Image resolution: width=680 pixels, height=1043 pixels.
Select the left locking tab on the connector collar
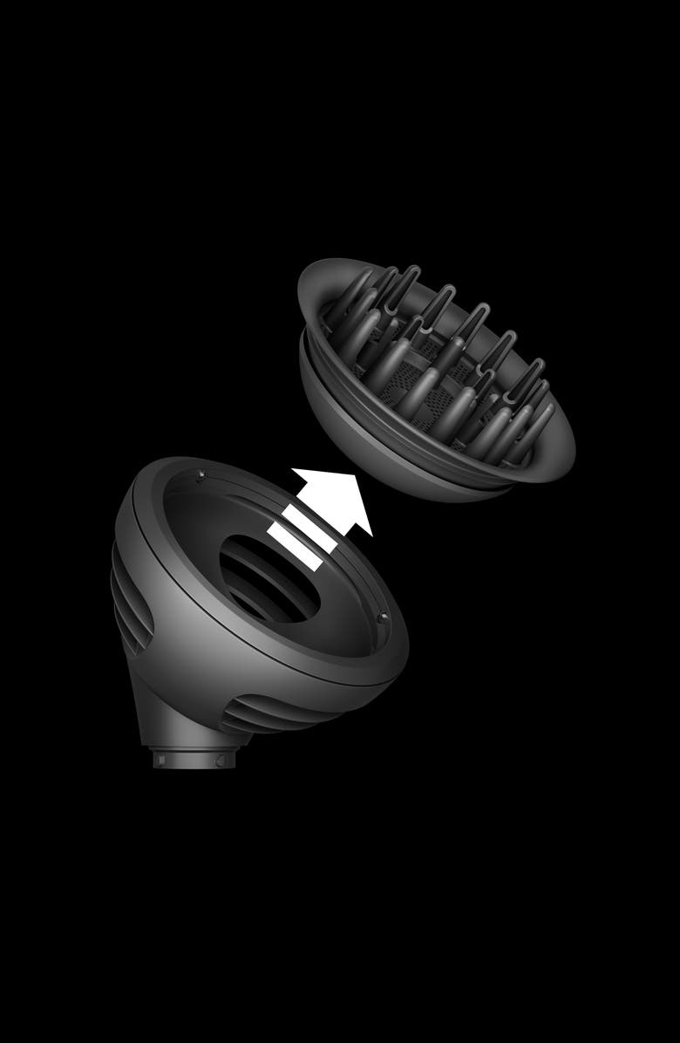pyautogui.click(x=160, y=758)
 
